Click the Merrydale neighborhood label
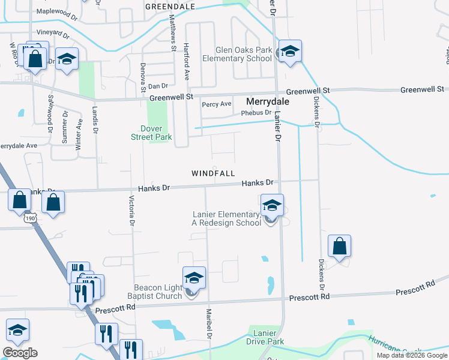[x=268, y=102]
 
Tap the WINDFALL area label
[x=213, y=173]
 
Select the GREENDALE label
[x=170, y=6]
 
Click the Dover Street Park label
[x=151, y=133]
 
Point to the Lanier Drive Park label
[x=265, y=337]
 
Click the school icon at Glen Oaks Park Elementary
[x=289, y=52]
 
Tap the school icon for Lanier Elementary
[x=272, y=206]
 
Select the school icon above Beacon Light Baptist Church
[x=194, y=278]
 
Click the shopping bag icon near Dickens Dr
[x=339, y=246]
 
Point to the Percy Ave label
[x=217, y=104]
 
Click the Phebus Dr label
[x=256, y=113]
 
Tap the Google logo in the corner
[x=20, y=353]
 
